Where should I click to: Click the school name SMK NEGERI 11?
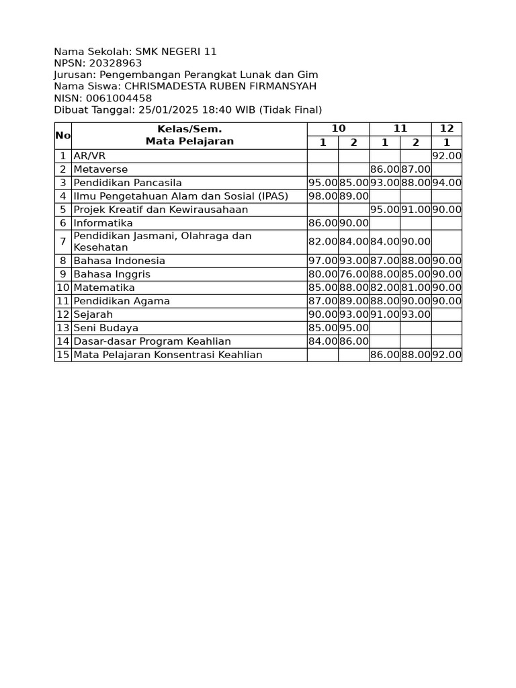coord(176,52)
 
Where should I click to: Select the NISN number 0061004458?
coord(119,98)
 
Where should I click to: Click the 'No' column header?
coord(62,136)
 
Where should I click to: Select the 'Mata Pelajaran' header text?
coord(189,141)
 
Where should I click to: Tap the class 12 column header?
coord(447,129)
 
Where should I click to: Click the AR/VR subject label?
coord(89,156)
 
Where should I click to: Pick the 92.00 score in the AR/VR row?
coord(447,156)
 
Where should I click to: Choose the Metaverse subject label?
coord(101,169)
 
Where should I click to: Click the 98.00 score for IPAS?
coord(322,196)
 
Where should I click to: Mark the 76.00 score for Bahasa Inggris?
coord(353,274)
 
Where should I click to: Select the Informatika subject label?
coord(103,223)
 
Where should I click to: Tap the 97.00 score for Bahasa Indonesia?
coord(322,261)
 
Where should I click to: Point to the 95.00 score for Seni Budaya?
coord(353,328)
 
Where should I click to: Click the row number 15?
coord(62,355)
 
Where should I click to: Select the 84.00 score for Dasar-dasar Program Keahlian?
coord(322,341)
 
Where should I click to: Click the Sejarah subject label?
coord(93,314)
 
